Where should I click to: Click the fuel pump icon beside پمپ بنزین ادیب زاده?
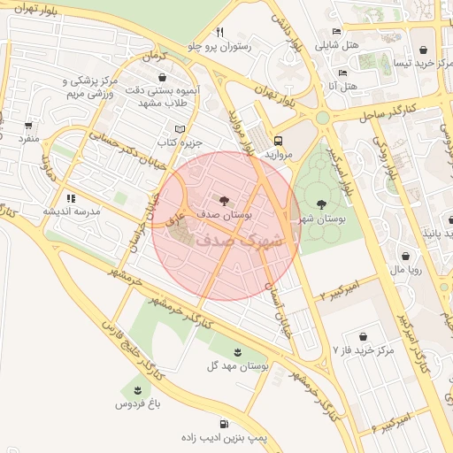pos(225,423)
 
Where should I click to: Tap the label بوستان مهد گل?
pos(239,365)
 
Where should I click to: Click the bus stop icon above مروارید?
pos(279,140)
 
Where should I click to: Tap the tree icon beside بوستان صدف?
pos(222,201)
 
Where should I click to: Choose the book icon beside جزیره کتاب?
pos(180,128)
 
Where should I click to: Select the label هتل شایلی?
pos(364,44)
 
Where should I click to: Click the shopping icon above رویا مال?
pos(406,255)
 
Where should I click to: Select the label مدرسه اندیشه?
pos(72,212)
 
